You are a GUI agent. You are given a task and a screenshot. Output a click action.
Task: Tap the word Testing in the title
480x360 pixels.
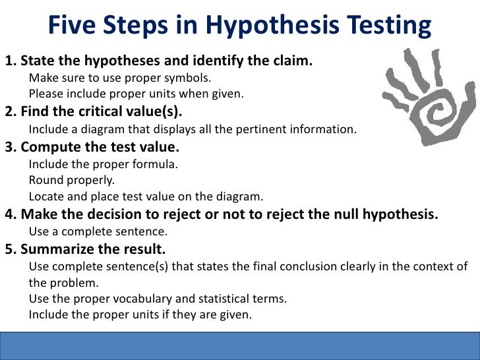[x=385, y=26]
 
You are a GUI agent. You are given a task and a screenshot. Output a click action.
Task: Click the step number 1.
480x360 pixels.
[x=9, y=62]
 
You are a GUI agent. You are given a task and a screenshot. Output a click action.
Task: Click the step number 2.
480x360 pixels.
[x=9, y=111]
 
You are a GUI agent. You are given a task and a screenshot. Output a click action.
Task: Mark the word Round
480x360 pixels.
[x=44, y=179]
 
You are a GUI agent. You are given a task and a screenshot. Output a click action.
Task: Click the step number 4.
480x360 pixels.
[x=9, y=214]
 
